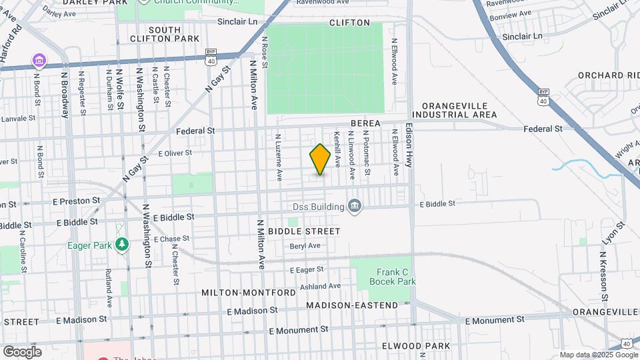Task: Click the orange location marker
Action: tap(320, 159)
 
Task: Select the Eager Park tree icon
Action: tap(121, 245)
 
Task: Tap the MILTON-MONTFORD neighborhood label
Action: tap(248, 293)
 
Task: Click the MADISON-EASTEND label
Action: tap(352, 305)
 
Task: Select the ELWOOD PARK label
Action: tap(416, 346)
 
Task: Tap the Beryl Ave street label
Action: tap(305, 245)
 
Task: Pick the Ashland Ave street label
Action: tap(320, 286)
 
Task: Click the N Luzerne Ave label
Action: tap(278, 157)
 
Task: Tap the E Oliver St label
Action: tap(174, 153)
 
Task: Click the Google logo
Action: tap(22, 351)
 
